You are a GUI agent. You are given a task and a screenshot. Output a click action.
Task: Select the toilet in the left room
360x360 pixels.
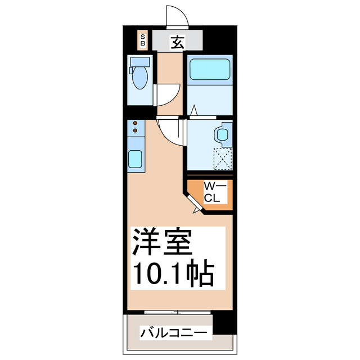138,79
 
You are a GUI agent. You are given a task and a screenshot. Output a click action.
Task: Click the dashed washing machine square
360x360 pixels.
222,158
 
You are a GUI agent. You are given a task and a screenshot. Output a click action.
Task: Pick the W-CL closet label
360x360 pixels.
215,192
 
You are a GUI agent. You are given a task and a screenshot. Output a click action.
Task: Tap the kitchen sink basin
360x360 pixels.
136,160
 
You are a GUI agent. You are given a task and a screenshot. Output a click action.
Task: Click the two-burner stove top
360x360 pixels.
136,129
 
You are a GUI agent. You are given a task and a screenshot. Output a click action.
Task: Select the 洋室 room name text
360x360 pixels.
163,242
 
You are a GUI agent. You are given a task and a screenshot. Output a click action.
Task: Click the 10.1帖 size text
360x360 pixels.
172,274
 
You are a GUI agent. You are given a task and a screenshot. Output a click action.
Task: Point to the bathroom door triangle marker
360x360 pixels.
193,110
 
